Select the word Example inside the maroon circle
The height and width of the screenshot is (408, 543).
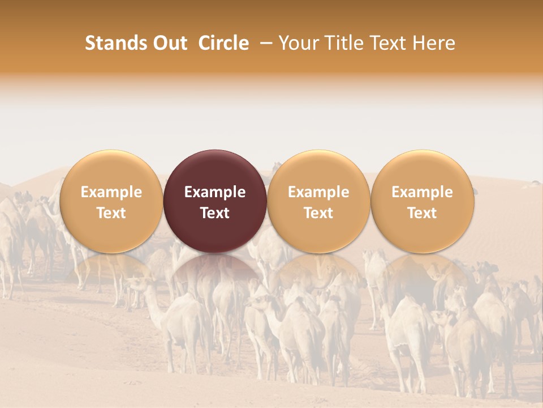(215, 192)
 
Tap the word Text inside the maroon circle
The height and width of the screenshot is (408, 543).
(215, 213)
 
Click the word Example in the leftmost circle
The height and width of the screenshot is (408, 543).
(111, 192)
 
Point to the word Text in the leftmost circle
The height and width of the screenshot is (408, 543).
(111, 213)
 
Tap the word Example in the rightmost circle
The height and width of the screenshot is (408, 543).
(423, 192)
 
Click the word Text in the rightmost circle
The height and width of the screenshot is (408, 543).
(423, 213)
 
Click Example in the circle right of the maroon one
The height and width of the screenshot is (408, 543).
(318, 192)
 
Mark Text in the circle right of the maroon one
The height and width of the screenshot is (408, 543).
(318, 213)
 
